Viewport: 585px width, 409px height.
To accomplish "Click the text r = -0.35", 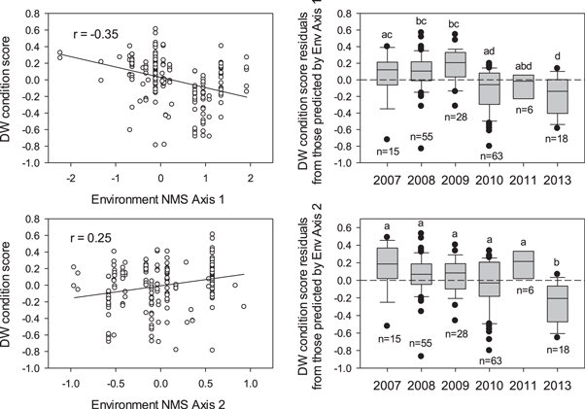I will click(x=86, y=23).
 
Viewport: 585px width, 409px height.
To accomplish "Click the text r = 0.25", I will click(x=85, y=233).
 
